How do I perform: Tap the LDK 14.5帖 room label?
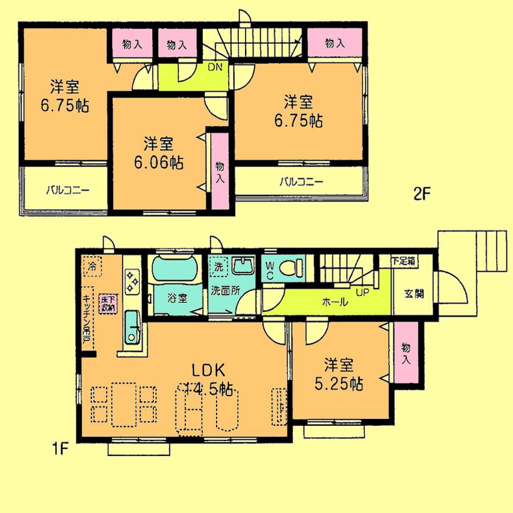[x=209, y=380]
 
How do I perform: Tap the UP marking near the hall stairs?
[x=361, y=292]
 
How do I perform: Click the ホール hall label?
[x=335, y=303]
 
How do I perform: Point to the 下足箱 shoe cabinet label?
[x=404, y=260]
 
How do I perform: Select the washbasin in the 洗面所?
[x=246, y=266]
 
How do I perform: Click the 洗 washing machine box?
[x=219, y=266]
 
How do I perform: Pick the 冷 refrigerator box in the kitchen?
[x=92, y=265]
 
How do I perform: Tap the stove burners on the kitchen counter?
[x=132, y=282]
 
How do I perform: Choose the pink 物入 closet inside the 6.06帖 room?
[x=219, y=171]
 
